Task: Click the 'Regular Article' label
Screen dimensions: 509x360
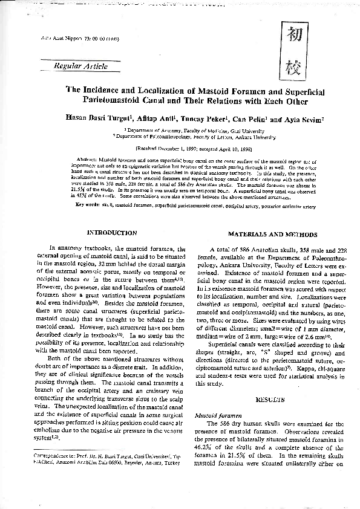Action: click(x=80, y=66)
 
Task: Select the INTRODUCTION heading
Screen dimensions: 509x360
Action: click(x=112, y=232)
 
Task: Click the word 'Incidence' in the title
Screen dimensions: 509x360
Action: click(x=125, y=89)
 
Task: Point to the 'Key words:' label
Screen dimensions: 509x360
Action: click(x=87, y=204)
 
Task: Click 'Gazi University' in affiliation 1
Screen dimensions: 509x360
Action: click(x=250, y=130)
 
